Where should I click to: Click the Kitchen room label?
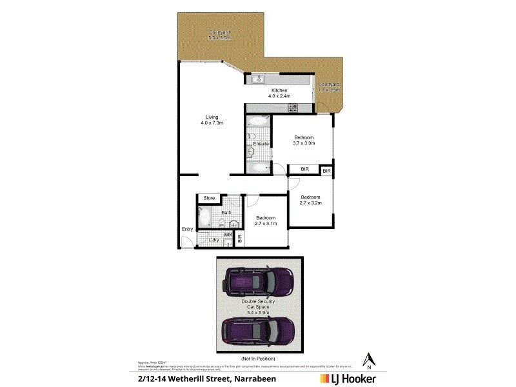(279, 90)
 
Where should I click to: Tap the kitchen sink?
(257, 79)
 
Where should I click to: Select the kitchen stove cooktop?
(292, 108)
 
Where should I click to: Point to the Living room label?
(212, 117)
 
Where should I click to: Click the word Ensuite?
(261, 143)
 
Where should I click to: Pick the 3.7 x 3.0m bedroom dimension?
(304, 144)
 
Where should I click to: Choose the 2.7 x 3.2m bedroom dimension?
(311, 203)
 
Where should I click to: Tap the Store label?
(209, 198)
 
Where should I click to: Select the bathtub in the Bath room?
(204, 217)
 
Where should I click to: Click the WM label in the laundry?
(228, 235)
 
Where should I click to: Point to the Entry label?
(187, 229)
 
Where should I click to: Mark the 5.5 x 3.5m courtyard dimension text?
(219, 38)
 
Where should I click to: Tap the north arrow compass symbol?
(369, 360)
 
